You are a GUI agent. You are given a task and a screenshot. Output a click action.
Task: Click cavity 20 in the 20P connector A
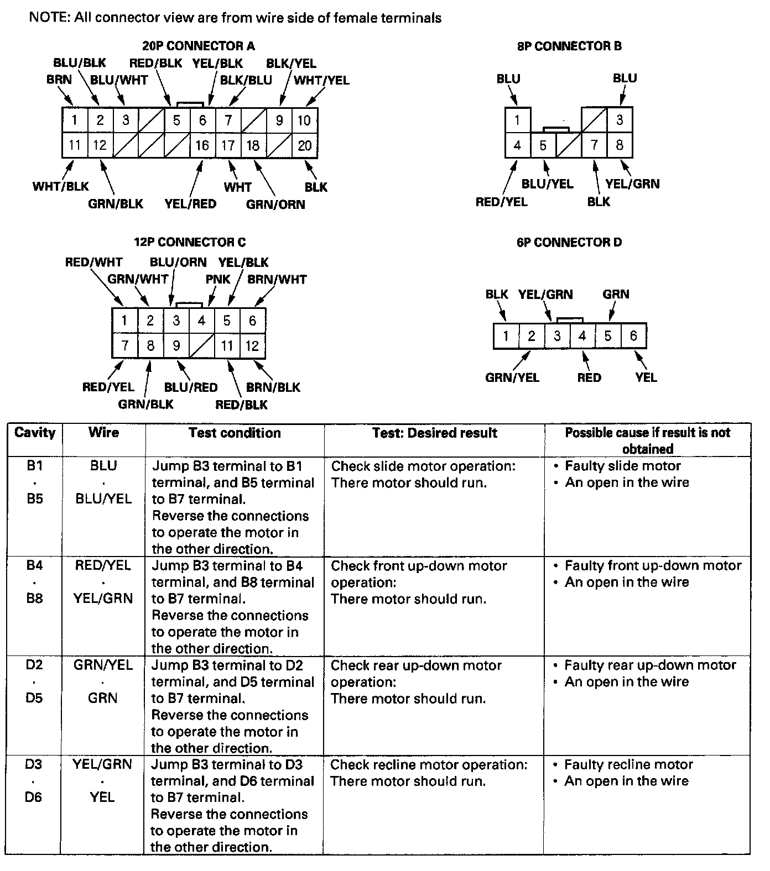point(305,145)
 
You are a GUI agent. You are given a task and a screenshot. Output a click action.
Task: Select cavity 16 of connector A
point(202,145)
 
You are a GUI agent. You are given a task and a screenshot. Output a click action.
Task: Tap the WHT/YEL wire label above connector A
point(321,80)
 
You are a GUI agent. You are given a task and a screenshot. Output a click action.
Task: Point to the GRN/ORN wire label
point(275,204)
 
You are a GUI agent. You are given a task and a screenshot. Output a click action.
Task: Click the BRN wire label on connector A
point(59,80)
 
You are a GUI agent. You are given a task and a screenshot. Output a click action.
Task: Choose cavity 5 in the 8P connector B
point(543,145)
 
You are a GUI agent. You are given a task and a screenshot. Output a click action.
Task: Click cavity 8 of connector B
point(620,145)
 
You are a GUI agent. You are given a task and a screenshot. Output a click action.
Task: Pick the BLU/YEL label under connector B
point(548,184)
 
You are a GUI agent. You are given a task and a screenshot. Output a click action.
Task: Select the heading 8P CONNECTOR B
point(569,46)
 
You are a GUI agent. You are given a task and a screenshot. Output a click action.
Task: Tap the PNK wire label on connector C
point(218,279)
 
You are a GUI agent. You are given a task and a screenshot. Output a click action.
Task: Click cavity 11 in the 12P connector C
point(227,346)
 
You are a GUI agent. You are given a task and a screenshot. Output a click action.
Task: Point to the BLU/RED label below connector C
point(191,387)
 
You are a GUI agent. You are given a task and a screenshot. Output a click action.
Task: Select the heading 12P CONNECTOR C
point(190,242)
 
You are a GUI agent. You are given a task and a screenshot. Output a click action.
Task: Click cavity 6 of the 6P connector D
point(633,335)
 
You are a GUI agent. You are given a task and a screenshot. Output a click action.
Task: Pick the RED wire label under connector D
point(589,378)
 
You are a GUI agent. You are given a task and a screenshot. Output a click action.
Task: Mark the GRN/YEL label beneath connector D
point(512,378)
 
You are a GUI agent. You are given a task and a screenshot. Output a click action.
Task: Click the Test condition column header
point(235,433)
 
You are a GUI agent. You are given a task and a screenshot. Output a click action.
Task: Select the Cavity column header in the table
point(35,433)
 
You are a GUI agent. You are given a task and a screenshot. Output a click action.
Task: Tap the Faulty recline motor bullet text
point(628,765)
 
